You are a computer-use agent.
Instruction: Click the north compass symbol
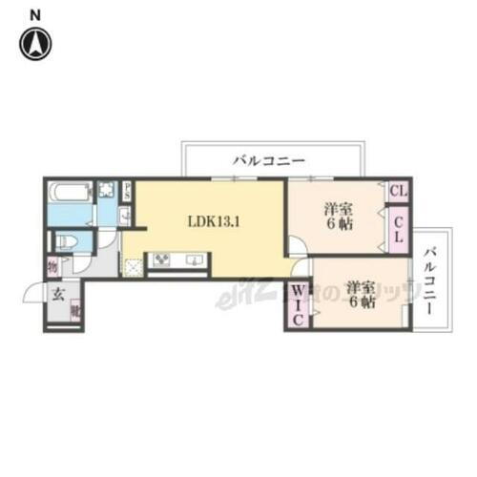[36, 42]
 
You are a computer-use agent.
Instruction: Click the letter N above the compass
[35, 14]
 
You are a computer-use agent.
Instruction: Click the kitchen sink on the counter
[194, 259]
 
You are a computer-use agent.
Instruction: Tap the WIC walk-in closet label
[297, 304]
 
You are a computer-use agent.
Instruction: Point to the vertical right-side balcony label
[431, 282]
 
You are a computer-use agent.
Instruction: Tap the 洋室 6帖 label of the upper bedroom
[335, 217]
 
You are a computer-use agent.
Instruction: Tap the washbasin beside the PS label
[125, 217]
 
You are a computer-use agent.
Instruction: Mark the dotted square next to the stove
[135, 265]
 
